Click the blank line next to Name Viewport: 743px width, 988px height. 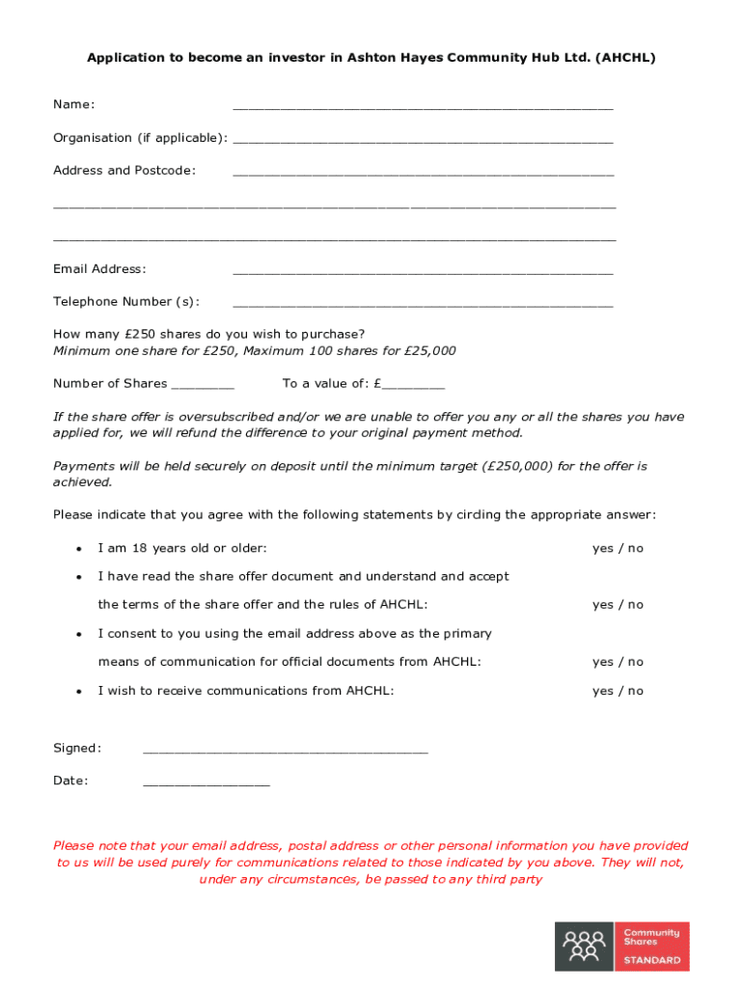423,106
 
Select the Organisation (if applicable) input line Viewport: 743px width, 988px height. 423,139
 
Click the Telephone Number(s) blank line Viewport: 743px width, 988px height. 423,303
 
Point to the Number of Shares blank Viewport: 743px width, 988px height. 203,385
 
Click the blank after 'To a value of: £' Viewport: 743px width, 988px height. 413,385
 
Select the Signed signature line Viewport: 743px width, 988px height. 285,750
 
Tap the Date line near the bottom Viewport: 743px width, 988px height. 206,782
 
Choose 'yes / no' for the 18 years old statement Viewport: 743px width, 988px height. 618,548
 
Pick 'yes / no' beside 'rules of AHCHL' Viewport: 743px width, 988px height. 618,605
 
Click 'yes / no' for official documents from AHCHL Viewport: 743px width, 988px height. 618,662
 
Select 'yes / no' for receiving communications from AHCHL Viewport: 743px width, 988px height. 618,691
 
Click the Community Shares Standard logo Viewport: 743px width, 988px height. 621,946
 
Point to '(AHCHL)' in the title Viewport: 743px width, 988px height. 625,58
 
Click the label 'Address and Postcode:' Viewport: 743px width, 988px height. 124,171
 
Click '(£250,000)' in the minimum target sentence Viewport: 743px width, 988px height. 518,466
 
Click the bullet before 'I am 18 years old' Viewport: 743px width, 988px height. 77,549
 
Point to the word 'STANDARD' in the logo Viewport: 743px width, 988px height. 652,960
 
